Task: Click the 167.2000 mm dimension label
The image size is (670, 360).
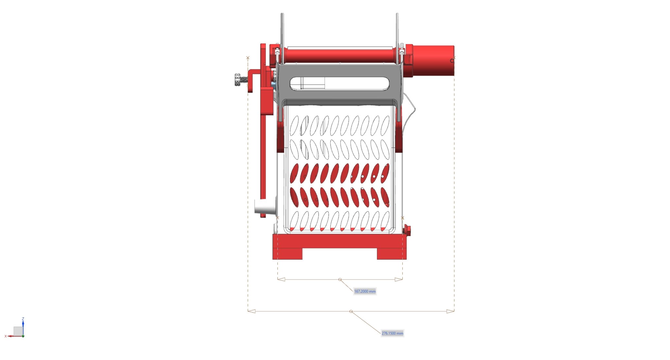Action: point(365,291)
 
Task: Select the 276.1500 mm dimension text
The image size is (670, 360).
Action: point(392,334)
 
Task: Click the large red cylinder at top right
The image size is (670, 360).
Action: point(433,60)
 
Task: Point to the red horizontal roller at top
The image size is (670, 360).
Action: point(340,55)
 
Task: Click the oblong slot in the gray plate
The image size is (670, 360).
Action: point(340,84)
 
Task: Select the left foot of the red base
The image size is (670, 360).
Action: point(288,254)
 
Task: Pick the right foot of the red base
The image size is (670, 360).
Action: point(392,254)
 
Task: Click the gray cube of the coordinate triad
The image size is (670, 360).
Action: point(18,331)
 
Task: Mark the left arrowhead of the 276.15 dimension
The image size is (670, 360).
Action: point(251,311)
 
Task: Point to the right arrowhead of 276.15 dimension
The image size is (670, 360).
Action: point(450,311)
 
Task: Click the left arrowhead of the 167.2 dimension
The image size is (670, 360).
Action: point(281,280)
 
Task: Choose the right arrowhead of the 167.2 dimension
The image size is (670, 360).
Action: point(399,280)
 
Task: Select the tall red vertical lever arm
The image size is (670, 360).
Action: point(263,147)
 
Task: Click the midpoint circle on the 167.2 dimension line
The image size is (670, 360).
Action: point(340,280)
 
